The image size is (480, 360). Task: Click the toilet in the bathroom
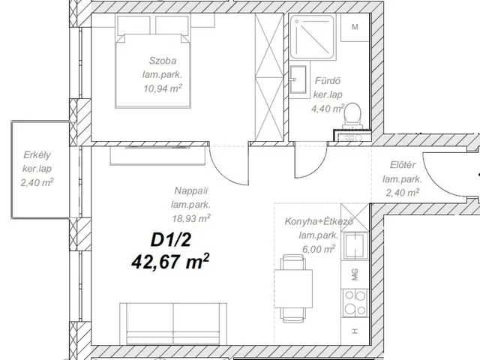(x=352, y=116)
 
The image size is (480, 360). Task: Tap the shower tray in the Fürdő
(x=312, y=37)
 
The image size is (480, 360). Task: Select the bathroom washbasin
(x=298, y=79)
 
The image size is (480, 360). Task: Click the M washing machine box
(x=355, y=27)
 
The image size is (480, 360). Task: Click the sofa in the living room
(x=173, y=324)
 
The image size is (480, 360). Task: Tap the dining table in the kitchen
(x=293, y=289)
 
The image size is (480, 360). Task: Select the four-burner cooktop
(x=355, y=303)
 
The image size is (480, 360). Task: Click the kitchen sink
(x=355, y=246)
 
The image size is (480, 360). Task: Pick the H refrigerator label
(x=355, y=331)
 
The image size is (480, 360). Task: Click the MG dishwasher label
(x=355, y=274)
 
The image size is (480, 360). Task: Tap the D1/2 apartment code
(x=170, y=240)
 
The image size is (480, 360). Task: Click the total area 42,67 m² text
(x=170, y=262)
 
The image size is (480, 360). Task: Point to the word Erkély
(x=37, y=155)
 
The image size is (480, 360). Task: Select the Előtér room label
(x=403, y=165)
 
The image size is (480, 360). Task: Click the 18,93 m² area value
(x=191, y=218)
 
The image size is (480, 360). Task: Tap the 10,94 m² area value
(x=163, y=88)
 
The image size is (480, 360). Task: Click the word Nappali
(x=191, y=190)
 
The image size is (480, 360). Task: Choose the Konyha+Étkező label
(x=319, y=221)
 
